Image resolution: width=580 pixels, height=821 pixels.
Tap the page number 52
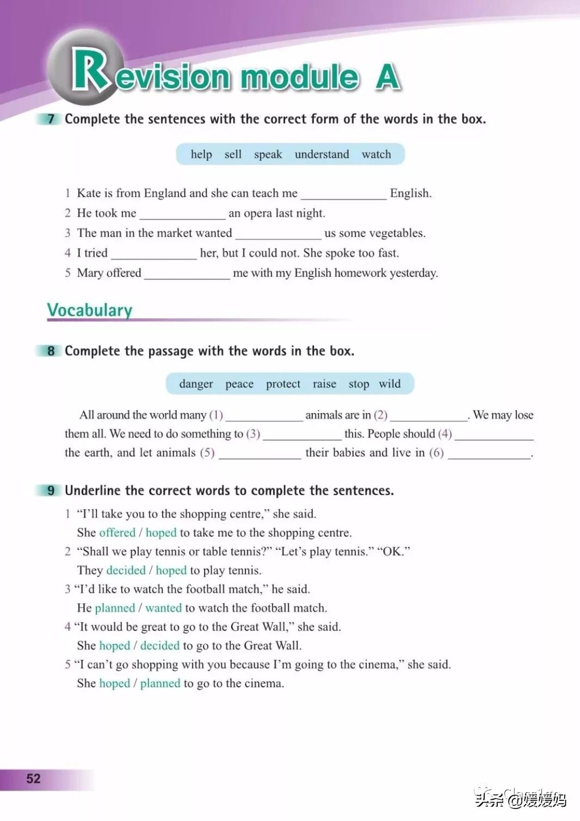(33, 779)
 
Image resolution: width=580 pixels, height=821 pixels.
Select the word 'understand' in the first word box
(322, 155)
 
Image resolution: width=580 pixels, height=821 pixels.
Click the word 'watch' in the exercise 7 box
(376, 155)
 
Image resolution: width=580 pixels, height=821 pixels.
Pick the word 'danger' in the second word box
(196, 384)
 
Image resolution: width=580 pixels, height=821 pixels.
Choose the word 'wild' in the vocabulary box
(390, 384)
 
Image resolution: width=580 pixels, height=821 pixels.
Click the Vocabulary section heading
(90, 310)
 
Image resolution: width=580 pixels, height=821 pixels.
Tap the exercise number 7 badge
(51, 119)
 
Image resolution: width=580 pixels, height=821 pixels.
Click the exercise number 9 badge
(51, 491)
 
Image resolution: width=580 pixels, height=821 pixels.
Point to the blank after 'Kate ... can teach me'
(343, 195)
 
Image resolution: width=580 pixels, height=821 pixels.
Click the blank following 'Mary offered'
(187, 275)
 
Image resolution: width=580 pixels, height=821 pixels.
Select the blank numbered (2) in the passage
(429, 417)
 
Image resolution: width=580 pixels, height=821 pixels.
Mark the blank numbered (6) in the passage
(489, 454)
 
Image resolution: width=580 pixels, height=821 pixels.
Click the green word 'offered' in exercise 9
(117, 533)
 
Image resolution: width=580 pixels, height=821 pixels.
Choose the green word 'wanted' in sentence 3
(163, 608)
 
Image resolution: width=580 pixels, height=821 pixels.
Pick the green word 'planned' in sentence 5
(160, 683)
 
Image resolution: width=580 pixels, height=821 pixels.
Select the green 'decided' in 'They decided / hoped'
(126, 570)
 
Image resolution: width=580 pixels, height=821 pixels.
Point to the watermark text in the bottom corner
(521, 799)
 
